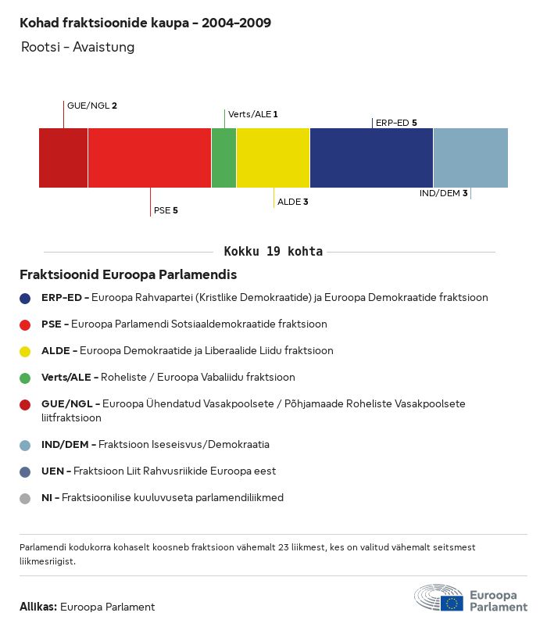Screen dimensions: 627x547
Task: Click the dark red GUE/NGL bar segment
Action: (x=63, y=158)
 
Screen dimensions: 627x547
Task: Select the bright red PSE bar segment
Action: (x=149, y=158)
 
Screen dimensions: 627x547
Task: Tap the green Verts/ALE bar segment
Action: (x=223, y=158)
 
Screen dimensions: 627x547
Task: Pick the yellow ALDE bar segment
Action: (x=273, y=158)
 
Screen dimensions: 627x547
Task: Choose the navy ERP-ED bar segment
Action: (x=371, y=158)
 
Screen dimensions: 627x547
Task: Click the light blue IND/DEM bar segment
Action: (x=470, y=158)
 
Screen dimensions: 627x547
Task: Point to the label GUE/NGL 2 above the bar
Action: (x=92, y=105)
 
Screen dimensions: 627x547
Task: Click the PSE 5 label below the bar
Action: (x=166, y=210)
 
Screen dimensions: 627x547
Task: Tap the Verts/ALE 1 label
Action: (x=252, y=114)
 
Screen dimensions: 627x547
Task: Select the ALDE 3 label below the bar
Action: (x=293, y=202)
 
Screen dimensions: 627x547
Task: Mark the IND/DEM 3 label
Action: (x=443, y=193)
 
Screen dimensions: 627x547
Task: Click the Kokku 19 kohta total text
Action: (x=273, y=252)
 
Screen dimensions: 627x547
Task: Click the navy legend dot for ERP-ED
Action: (x=25, y=298)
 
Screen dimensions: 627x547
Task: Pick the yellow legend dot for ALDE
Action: (x=25, y=351)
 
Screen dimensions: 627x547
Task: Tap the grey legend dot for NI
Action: (x=25, y=498)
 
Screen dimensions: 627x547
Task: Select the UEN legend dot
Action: (x=25, y=471)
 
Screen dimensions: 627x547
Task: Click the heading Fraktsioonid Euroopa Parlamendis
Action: (x=128, y=275)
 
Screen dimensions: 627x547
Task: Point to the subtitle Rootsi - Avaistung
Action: (x=77, y=47)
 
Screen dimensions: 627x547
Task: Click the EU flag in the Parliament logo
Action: (x=452, y=603)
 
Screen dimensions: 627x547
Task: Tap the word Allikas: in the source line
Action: (x=38, y=607)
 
